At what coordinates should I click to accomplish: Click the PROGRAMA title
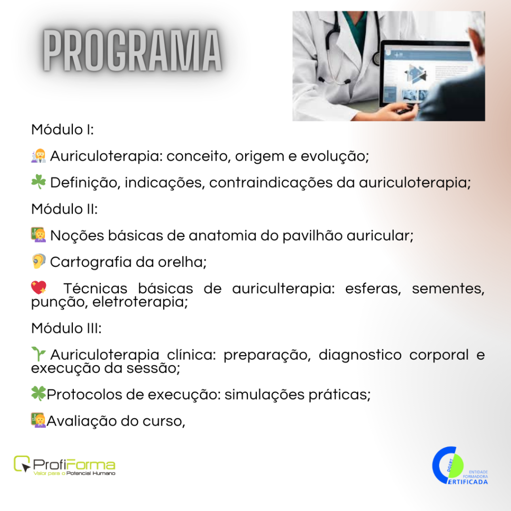click(132, 50)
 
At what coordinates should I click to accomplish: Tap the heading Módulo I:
click(62, 130)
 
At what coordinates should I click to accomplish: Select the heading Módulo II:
click(64, 209)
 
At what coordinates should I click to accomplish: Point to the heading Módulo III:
click(66, 328)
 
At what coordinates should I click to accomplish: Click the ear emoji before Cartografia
click(39, 261)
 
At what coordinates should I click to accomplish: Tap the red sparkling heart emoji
click(39, 288)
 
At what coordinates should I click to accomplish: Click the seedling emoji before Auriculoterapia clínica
click(38, 354)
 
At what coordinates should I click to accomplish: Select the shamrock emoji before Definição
click(38, 182)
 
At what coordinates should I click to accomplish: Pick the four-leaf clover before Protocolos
click(38, 394)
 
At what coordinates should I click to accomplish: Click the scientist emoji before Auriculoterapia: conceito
click(38, 156)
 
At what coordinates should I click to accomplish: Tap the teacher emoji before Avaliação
click(38, 420)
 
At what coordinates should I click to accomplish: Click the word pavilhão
click(312, 236)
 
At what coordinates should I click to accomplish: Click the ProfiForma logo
click(64, 466)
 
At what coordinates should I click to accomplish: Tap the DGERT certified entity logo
click(460, 466)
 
